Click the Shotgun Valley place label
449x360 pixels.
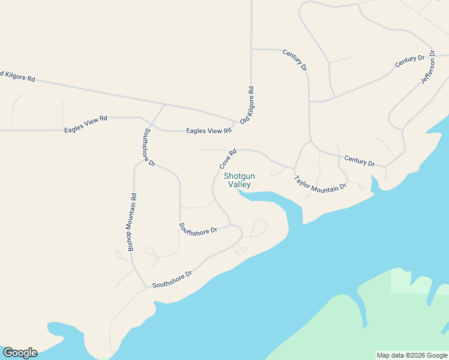(240, 180)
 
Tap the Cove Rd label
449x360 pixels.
(228, 159)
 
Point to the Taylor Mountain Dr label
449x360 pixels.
(320, 184)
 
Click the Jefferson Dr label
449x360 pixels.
(427, 68)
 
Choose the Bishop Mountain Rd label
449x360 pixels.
(132, 223)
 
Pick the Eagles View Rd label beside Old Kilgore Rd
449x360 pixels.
(208, 130)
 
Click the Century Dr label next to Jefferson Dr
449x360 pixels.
(409, 61)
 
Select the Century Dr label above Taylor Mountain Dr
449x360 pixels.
(359, 160)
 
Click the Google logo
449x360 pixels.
(20, 353)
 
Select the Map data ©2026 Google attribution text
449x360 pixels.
(412, 355)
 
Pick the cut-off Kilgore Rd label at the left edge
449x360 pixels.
(17, 76)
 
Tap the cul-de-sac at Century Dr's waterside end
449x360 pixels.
(385, 177)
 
